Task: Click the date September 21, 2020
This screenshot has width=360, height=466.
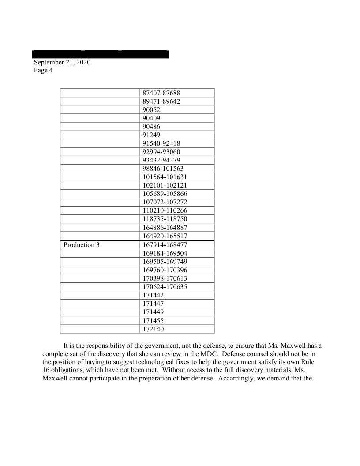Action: [x=62, y=62]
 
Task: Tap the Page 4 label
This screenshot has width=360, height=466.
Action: [x=43, y=70]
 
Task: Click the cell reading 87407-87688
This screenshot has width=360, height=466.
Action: [x=161, y=93]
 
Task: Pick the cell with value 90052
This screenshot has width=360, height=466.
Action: [x=152, y=110]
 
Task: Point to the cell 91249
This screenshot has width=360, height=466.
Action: [x=152, y=135]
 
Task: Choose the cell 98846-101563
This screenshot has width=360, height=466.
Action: [x=163, y=169]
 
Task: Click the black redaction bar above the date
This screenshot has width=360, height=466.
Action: [x=101, y=54]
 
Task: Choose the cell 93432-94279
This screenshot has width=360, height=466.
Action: [x=161, y=160]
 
